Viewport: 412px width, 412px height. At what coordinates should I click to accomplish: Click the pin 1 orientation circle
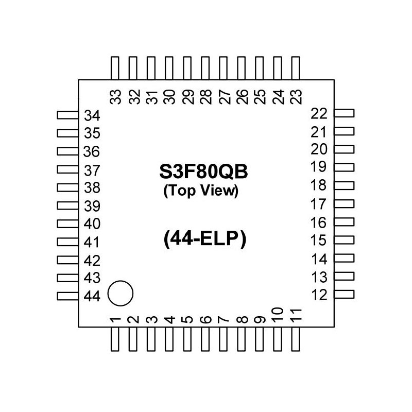[121, 294]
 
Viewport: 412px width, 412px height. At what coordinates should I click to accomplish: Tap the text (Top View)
[200, 191]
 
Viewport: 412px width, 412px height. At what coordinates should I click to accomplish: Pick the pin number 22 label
[319, 113]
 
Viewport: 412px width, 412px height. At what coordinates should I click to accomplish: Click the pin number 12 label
[319, 295]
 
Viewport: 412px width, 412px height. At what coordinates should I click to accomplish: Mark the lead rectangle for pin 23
[295, 68]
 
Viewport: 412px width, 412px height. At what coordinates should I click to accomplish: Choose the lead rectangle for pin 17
[344, 203]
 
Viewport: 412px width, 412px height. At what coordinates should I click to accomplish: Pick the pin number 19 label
[319, 167]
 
